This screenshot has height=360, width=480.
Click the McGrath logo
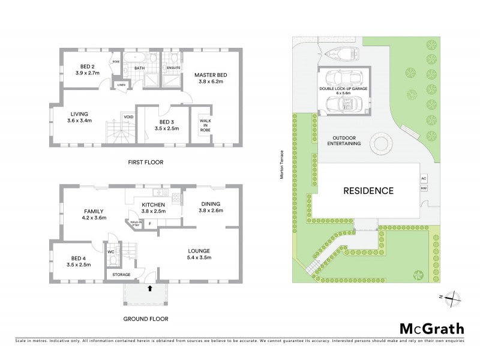pyautogui.click(x=431, y=328)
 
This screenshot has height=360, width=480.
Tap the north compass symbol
pyautogui.click(x=455, y=296)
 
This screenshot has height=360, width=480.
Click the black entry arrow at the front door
pyautogui.click(x=149, y=289)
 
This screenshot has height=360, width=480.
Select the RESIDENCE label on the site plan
pyautogui.click(x=368, y=191)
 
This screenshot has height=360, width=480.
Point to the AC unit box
pyautogui.click(x=424, y=179)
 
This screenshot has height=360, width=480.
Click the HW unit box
pyautogui.click(x=424, y=188)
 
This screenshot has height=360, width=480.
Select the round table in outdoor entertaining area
pyautogui.click(x=380, y=143)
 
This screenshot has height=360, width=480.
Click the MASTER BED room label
pyautogui.click(x=208, y=76)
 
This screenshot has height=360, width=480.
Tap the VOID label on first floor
pyautogui.click(x=128, y=116)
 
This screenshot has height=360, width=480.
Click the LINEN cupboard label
pyautogui.click(x=121, y=85)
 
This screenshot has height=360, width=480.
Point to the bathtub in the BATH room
pyautogui.click(x=139, y=59)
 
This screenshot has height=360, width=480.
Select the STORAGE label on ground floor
pyautogui.click(x=118, y=275)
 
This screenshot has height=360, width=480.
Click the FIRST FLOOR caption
pyautogui.click(x=145, y=162)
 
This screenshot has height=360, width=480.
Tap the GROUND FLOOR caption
pyautogui.click(x=145, y=319)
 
